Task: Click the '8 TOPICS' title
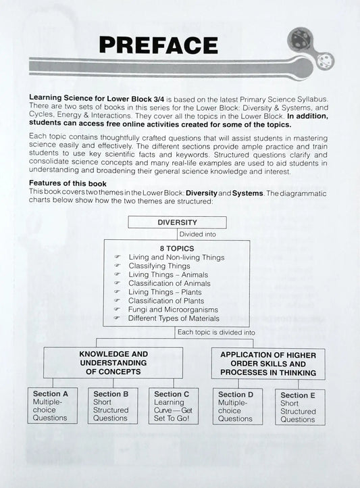pos(177,247)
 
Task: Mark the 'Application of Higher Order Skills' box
pos(267,363)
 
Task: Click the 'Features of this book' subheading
pos(68,184)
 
